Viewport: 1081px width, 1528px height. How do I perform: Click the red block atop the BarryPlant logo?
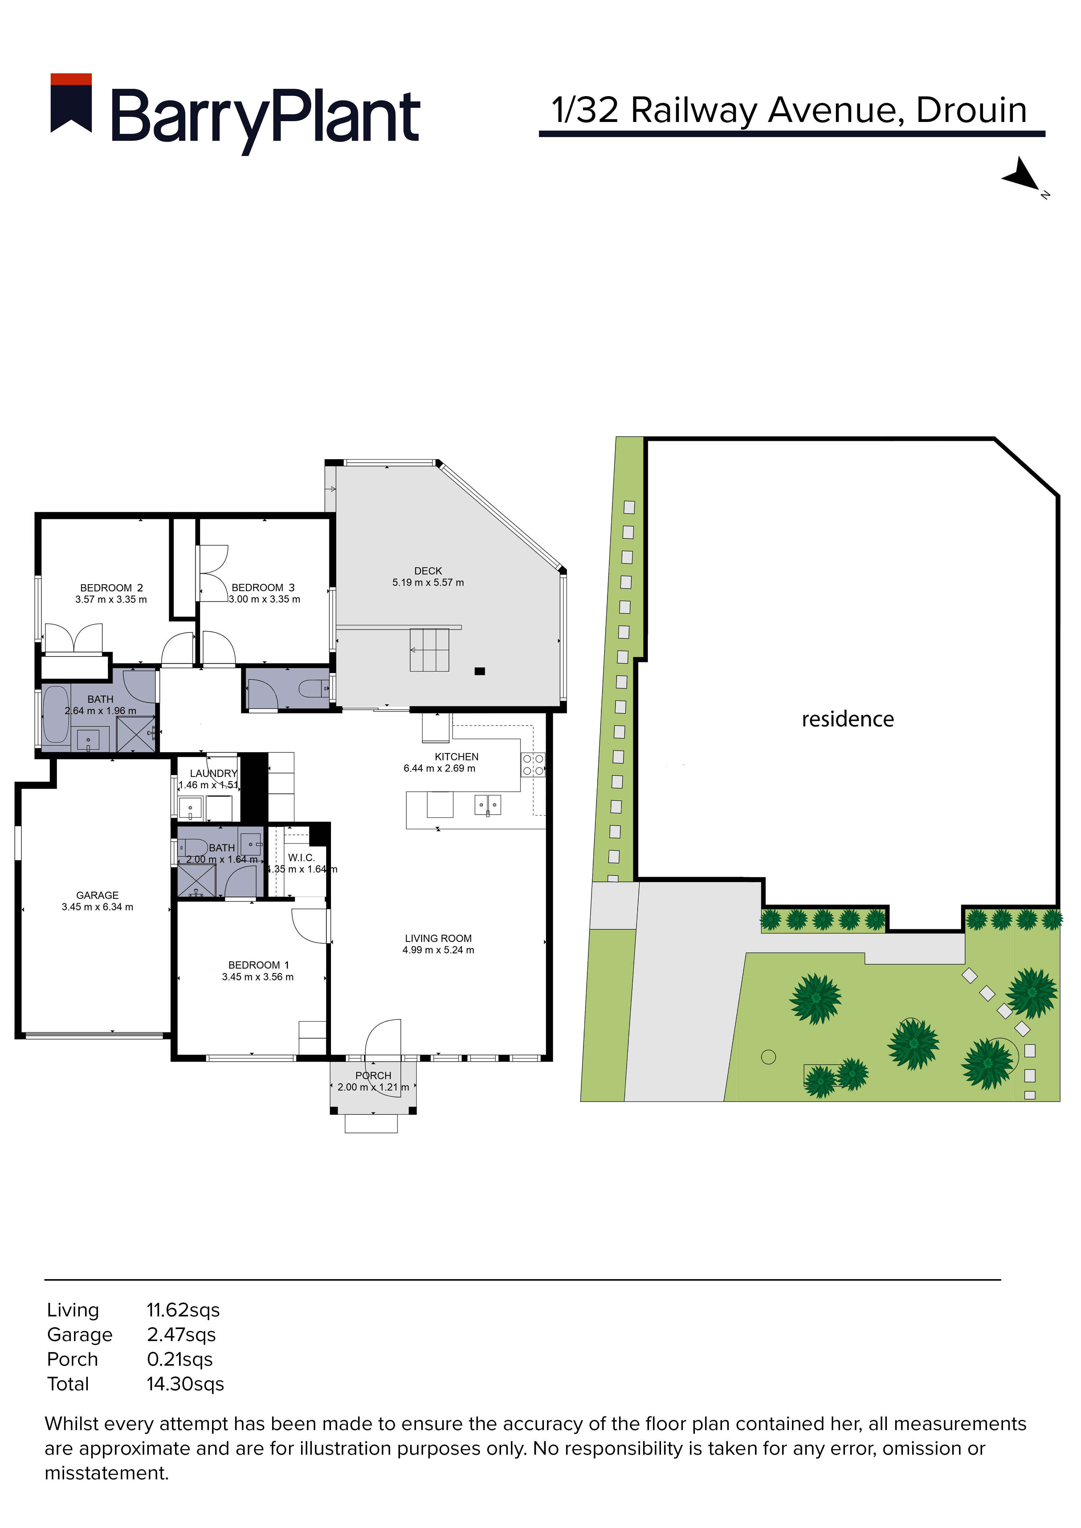[x=71, y=79]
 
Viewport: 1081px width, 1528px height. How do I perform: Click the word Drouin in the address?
[x=971, y=111]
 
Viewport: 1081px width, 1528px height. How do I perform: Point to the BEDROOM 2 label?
[x=111, y=588]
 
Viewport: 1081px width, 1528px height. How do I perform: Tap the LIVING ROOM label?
[x=438, y=938]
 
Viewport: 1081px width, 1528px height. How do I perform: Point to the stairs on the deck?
[x=429, y=650]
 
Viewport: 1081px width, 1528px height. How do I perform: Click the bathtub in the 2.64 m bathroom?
[x=56, y=714]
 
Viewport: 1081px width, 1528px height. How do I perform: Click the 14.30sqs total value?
[x=185, y=1384]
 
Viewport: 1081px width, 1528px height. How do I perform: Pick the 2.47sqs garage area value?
[x=181, y=1335]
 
